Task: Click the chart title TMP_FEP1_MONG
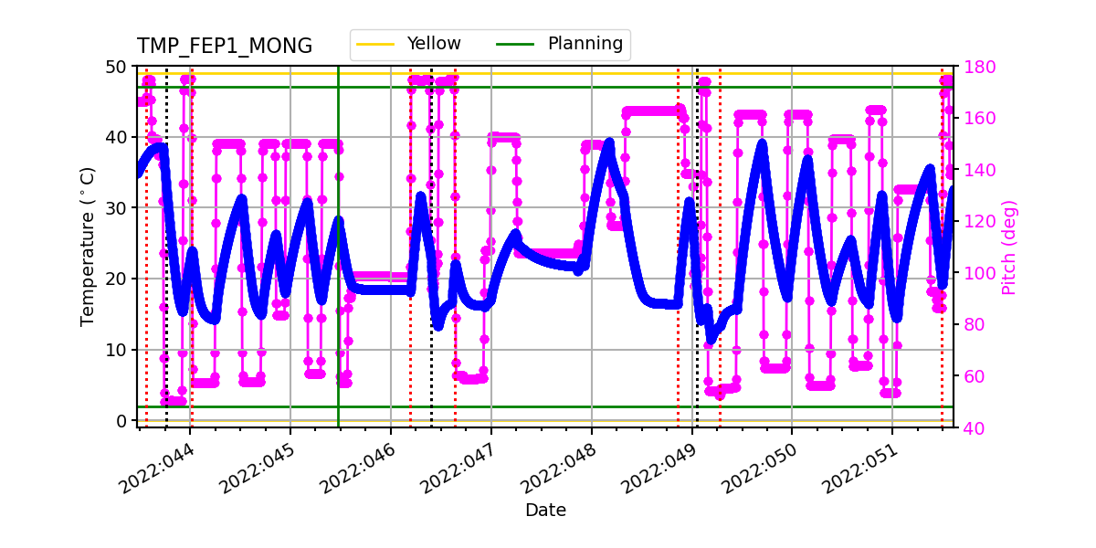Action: (x=225, y=47)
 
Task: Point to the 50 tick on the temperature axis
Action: (x=117, y=67)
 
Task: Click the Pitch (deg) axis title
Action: (x=1008, y=248)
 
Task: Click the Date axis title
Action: (x=545, y=511)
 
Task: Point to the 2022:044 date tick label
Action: (x=157, y=467)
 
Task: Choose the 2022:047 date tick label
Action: (x=458, y=467)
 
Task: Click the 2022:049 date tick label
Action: (x=658, y=467)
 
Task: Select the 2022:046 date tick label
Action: (x=357, y=467)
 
